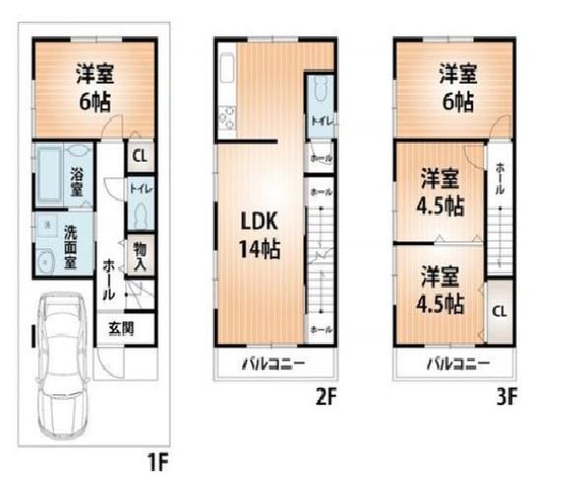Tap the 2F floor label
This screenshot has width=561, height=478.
[x=326, y=398]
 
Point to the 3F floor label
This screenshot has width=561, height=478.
[x=507, y=398]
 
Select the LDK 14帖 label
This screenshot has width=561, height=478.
[x=259, y=236]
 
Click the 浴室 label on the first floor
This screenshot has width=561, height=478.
[x=77, y=183]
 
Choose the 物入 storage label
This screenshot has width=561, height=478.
[x=139, y=258]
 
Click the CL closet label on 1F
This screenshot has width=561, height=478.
[x=139, y=157]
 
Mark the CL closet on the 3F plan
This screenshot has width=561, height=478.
[x=500, y=308]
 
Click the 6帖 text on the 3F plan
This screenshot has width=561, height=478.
[x=456, y=101]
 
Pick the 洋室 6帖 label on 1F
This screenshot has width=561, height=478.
[x=94, y=87]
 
